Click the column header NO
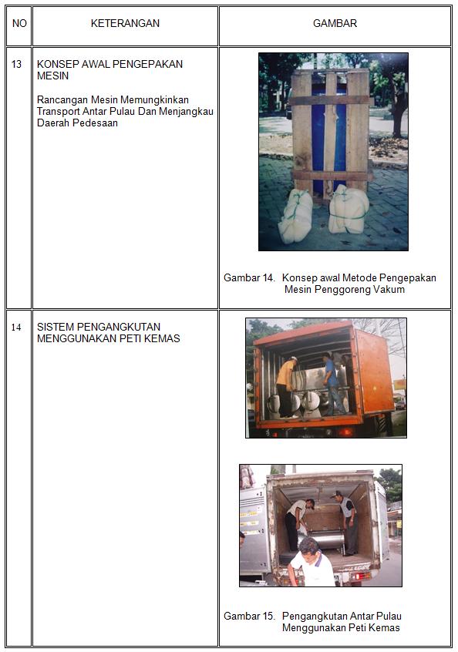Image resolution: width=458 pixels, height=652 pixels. pyautogui.click(x=19, y=23)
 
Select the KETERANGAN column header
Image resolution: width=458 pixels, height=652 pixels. pyautogui.click(x=125, y=23)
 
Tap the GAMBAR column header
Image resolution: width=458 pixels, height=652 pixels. pyautogui.click(x=335, y=23)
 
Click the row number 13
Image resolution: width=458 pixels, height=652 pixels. pyautogui.click(x=17, y=64)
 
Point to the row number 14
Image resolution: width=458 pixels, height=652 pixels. pyautogui.click(x=16, y=328)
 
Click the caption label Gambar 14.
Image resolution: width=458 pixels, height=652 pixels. pyautogui.click(x=249, y=277)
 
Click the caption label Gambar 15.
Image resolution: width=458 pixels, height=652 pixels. pyautogui.click(x=249, y=616)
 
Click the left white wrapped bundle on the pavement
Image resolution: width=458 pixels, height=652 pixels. pyautogui.click(x=296, y=217)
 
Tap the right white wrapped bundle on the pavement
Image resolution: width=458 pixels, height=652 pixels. pyautogui.click(x=349, y=209)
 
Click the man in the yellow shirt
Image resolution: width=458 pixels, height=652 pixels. pyautogui.click(x=286, y=387)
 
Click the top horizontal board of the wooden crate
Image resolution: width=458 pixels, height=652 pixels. pyautogui.click(x=329, y=100)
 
